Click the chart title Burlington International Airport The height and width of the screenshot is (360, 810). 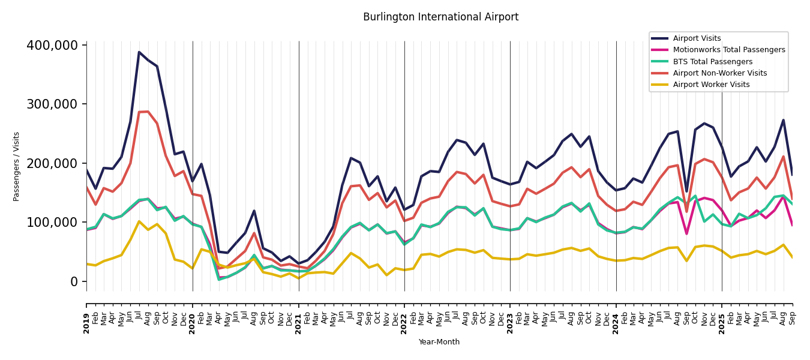[440, 17]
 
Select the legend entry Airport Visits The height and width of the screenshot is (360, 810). [697, 38]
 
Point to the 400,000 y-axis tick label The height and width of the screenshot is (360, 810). [52, 46]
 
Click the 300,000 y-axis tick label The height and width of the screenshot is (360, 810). [52, 104]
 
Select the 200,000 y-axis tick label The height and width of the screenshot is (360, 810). [52, 163]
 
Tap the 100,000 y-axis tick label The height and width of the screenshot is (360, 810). [52, 223]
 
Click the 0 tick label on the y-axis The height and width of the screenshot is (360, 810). [74, 281]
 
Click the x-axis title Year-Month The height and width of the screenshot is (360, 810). [439, 342]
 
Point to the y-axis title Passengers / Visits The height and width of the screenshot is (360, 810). [17, 166]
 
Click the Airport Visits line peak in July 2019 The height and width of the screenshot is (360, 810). [139, 52]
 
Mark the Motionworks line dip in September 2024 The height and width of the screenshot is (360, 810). [686, 233]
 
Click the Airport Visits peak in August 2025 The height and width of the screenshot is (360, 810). [783, 120]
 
